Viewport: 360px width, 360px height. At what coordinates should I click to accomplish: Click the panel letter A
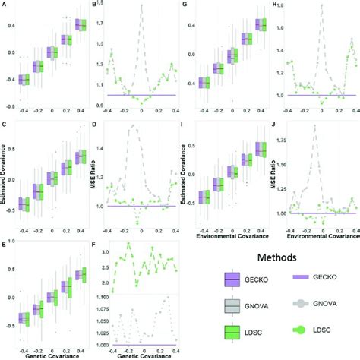pyautogui.click(x=5, y=5)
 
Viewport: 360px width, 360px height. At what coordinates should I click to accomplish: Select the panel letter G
pyautogui.click(x=185, y=5)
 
